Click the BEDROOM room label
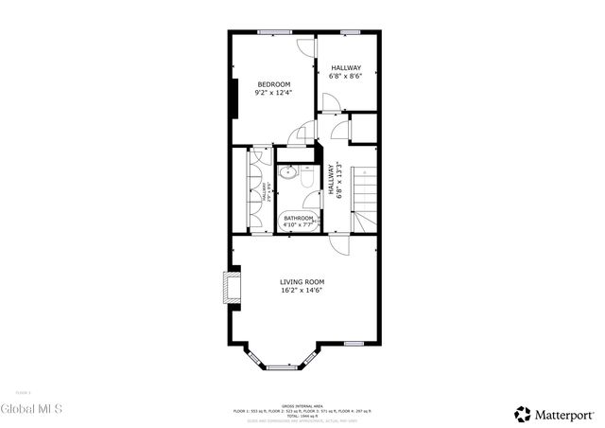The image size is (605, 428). tap(273, 85)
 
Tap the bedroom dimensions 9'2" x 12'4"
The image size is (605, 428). tap(273, 93)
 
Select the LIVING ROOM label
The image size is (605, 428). tap(302, 282)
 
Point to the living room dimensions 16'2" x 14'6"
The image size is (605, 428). tap(302, 291)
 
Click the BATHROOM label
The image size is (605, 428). tap(299, 218)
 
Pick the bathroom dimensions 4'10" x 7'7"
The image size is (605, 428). tap(299, 225)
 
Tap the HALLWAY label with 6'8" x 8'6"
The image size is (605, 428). tap(346, 67)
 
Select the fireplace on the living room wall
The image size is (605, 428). tap(230, 287)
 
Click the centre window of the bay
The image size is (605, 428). tap(281, 366)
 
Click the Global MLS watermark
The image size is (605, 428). tap(31, 409)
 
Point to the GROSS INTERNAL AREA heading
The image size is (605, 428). tap(302, 404)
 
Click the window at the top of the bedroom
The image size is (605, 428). tap(274, 33)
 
